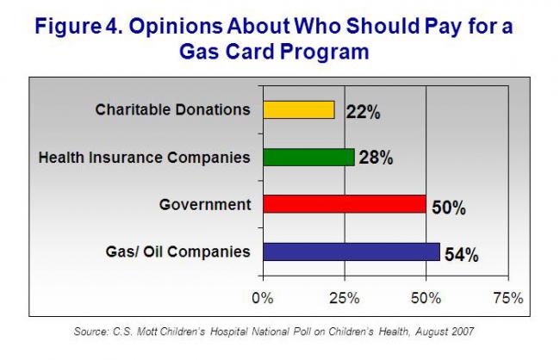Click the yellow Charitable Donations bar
click(x=298, y=109)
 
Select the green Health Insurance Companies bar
click(x=308, y=157)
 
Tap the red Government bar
click(x=344, y=204)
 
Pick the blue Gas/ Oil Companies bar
click(x=351, y=251)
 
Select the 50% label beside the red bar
click(x=449, y=208)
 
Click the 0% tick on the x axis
click(x=262, y=298)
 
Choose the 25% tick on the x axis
click(x=344, y=298)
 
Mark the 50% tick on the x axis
click(x=426, y=298)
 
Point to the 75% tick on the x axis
click(x=507, y=298)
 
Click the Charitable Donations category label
click(x=172, y=109)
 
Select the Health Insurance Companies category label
click(x=145, y=158)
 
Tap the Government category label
click(x=205, y=205)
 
